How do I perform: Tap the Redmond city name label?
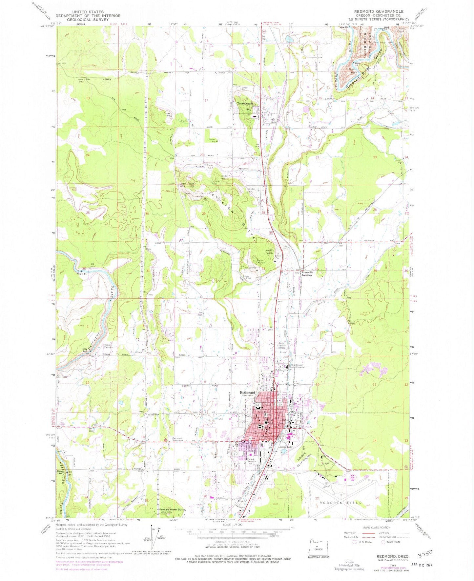pos(247,392)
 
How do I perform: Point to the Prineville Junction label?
pos(311,274)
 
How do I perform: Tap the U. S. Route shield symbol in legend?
pos(354,542)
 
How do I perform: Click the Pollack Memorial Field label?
pos(253,462)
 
